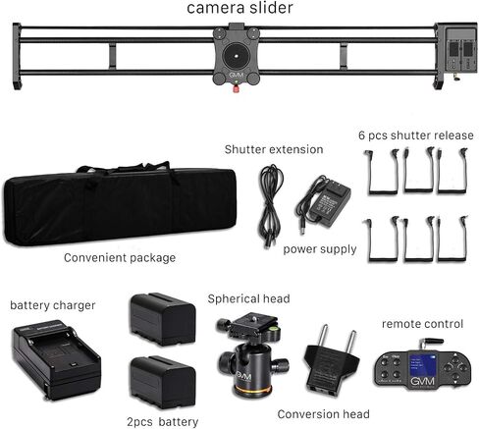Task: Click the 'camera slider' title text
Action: click(239, 8)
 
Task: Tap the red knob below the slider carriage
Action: click(236, 88)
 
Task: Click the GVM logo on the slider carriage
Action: click(236, 75)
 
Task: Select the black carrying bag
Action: click(120, 203)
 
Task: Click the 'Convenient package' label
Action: click(120, 258)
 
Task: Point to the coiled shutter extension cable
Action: click(271, 206)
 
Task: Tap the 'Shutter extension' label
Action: click(274, 149)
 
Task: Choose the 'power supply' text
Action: click(320, 249)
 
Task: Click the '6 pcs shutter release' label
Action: click(416, 135)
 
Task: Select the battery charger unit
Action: click(56, 362)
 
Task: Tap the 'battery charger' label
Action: click(53, 305)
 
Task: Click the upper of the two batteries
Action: click(163, 319)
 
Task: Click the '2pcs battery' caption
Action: click(163, 422)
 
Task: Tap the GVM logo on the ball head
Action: click(243, 376)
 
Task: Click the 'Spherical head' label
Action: click(248, 298)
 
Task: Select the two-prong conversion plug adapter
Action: click(332, 360)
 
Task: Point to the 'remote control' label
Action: click(422, 324)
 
